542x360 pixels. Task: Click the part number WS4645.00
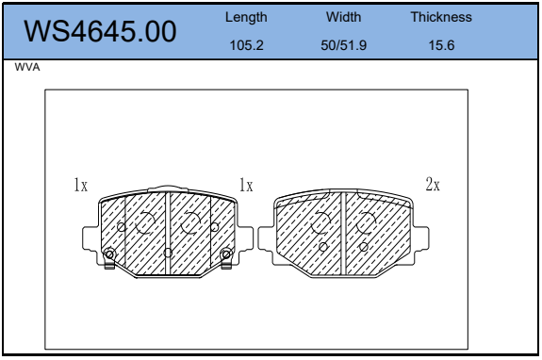(100, 31)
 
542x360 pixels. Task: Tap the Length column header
(246, 17)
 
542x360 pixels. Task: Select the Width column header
(343, 17)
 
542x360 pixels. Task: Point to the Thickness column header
(441, 17)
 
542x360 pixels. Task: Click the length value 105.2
(246, 45)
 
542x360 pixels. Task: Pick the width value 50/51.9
(343, 45)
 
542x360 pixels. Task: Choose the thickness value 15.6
(441, 45)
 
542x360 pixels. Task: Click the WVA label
(27, 67)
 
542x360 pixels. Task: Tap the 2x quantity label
(433, 184)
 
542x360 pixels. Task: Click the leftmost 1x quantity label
(80, 185)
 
